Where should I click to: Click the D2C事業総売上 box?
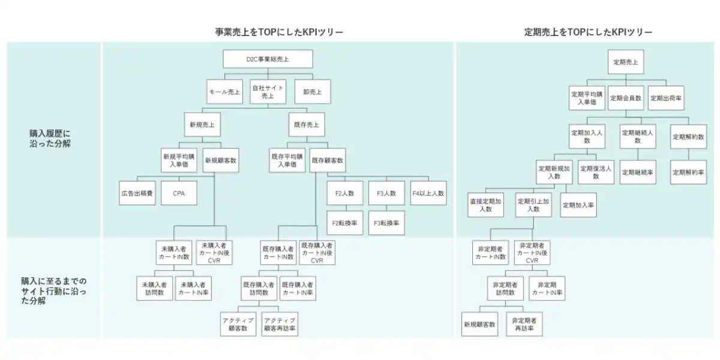tap(268, 59)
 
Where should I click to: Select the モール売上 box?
tap(224, 92)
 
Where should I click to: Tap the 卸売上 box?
tap(313, 92)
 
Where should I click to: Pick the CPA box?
tap(179, 193)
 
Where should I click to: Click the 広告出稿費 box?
tap(137, 193)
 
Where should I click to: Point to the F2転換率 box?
tap(345, 223)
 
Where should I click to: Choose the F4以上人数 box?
tap(428, 193)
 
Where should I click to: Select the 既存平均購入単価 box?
tap(287, 160)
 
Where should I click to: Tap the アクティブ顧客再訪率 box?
tap(280, 324)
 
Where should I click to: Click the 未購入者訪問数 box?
tap(155, 289)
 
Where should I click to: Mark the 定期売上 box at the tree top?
tap(626, 62)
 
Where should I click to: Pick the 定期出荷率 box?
tap(666, 98)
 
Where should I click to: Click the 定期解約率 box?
tap(689, 172)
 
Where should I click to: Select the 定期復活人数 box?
tap(596, 172)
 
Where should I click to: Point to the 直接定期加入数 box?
tap(485, 205)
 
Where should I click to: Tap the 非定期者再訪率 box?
tap(524, 324)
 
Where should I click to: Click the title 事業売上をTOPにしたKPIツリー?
tap(279, 32)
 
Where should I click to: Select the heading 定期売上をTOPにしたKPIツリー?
tap(588, 32)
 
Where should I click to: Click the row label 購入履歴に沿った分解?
tap(50, 139)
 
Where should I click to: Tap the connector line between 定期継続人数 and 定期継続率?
tap(638, 154)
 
